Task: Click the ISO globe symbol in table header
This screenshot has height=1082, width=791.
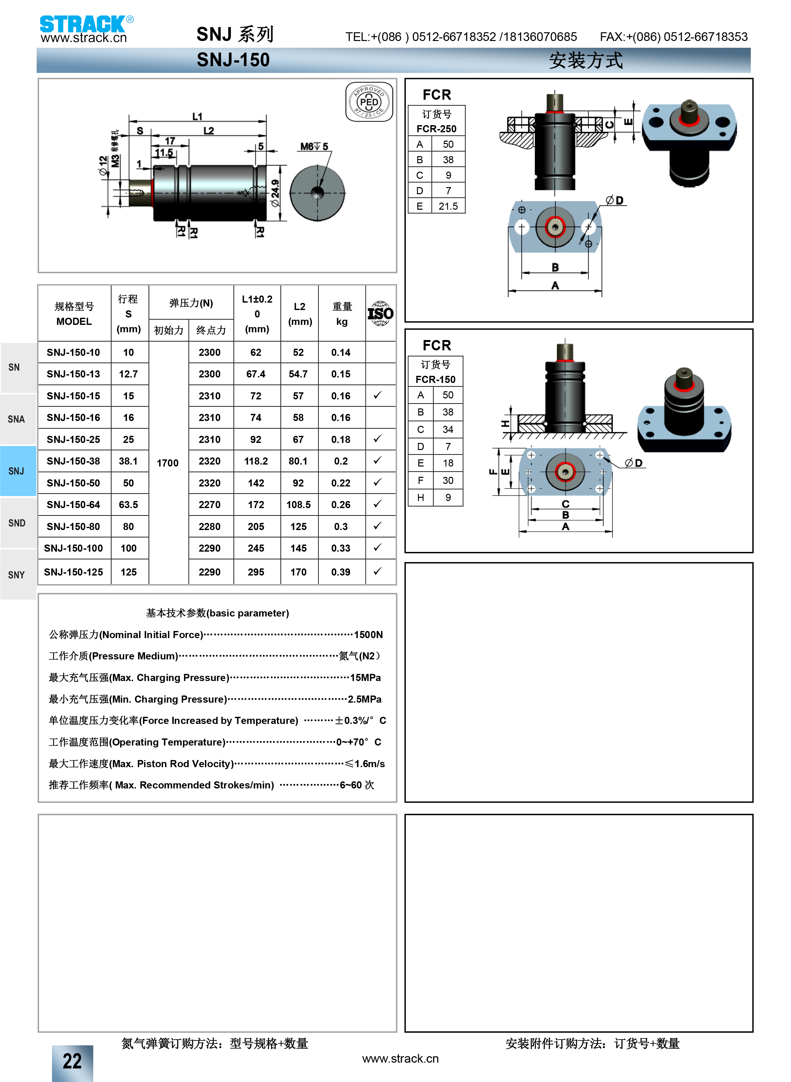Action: point(381,314)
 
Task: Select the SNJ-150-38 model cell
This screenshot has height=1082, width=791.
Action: point(74,461)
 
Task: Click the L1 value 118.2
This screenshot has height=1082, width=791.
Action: point(256,461)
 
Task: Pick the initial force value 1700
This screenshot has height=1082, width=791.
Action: point(168,463)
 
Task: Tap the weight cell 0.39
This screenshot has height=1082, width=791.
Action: point(341,572)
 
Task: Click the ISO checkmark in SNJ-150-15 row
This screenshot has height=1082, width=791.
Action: point(378,395)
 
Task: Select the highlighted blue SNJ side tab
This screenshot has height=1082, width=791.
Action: point(18,471)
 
